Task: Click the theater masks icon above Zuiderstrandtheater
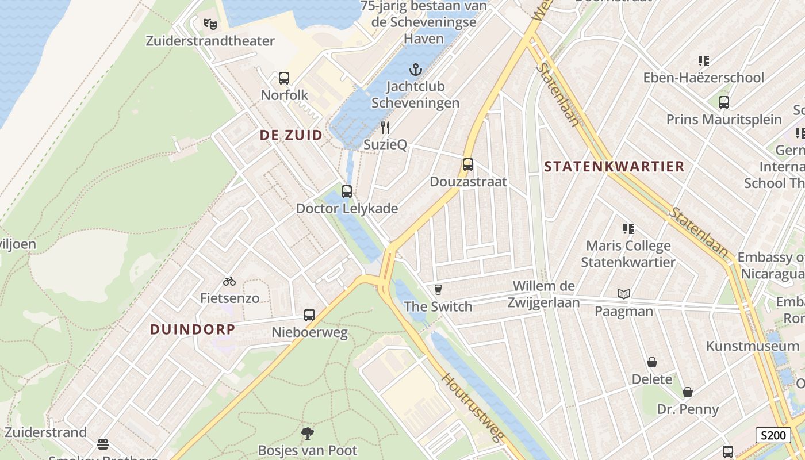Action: tap(210, 24)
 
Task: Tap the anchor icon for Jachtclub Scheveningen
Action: tap(415, 70)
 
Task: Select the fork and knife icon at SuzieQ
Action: tap(385, 128)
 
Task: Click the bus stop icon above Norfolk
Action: tap(284, 78)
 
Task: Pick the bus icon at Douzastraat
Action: tap(468, 164)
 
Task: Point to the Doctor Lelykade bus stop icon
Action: tap(347, 191)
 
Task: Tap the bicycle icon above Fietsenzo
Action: tap(229, 281)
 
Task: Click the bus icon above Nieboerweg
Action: tap(309, 315)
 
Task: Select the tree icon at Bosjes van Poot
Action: tap(308, 433)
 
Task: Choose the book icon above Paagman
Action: tap(624, 294)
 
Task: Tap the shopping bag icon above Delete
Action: tap(652, 362)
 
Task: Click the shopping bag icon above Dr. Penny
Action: tap(688, 392)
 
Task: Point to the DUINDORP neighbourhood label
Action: tap(193, 329)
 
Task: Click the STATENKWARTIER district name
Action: tap(614, 167)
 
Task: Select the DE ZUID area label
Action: tap(291, 135)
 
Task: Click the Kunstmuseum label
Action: tap(753, 346)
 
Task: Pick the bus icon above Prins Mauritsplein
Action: tap(724, 102)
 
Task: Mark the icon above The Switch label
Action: tap(438, 289)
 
